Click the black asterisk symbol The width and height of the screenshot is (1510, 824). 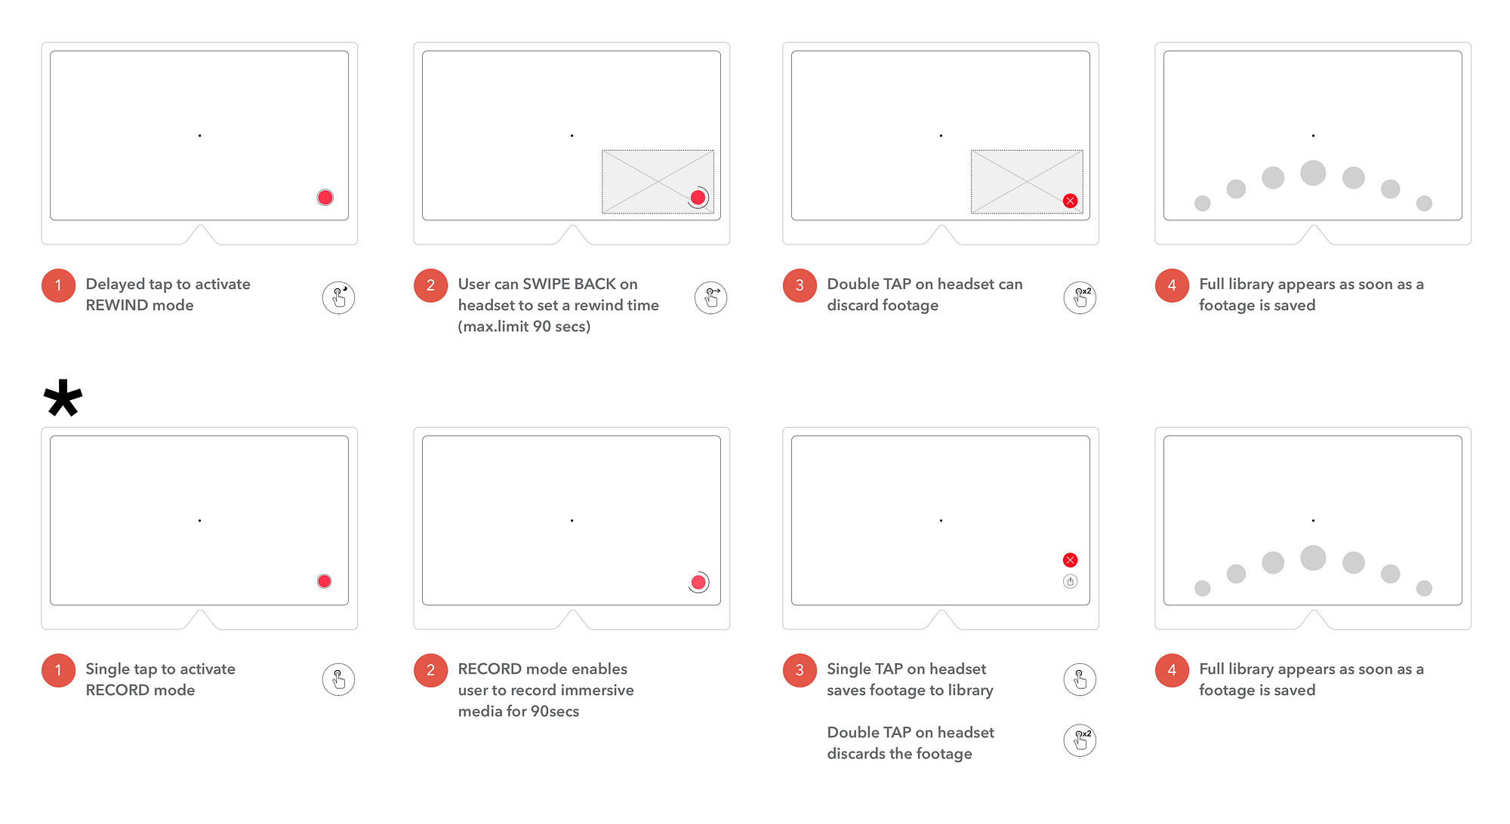[x=63, y=398]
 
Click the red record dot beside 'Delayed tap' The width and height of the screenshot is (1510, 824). [x=325, y=198]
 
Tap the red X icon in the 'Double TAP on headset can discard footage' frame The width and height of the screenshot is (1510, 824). [x=1070, y=201]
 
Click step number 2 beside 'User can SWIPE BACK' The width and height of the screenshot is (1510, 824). [x=430, y=285]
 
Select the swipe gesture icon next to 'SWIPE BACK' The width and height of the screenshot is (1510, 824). [x=710, y=298]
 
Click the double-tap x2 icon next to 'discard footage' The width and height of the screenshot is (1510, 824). [x=1080, y=298]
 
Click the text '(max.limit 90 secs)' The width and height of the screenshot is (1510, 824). [x=524, y=327]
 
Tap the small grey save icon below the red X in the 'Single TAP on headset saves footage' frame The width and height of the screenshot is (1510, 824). [x=1070, y=581]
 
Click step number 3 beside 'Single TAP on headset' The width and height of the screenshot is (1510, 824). [x=800, y=670]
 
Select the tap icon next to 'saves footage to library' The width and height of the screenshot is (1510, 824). [x=1080, y=679]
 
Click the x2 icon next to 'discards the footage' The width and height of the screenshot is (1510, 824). [x=1080, y=740]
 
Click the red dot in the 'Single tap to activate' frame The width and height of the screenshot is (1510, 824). [x=324, y=581]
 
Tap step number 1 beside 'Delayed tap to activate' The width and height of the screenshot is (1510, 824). [x=58, y=285]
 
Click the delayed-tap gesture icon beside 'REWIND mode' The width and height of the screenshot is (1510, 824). [x=338, y=298]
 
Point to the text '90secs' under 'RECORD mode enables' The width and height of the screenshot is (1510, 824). [x=555, y=712]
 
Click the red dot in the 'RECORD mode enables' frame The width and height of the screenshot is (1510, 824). [x=698, y=583]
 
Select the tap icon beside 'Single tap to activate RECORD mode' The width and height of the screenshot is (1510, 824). [x=338, y=679]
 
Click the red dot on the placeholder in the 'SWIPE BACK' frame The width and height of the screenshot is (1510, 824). [x=698, y=198]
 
